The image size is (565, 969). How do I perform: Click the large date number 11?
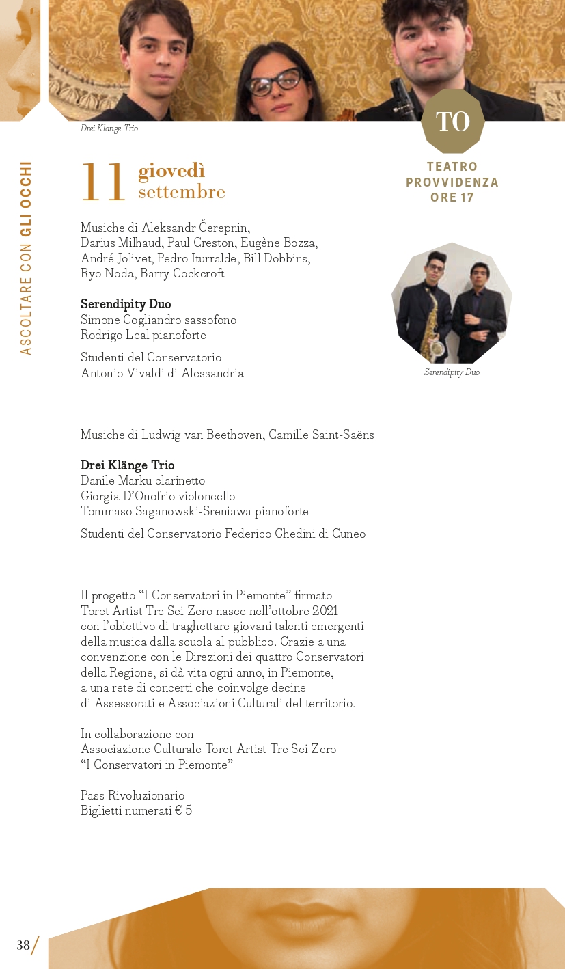(103, 183)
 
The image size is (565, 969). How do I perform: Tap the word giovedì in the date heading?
(171, 171)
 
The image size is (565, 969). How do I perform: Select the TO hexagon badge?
(452, 122)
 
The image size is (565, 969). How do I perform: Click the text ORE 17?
(452, 197)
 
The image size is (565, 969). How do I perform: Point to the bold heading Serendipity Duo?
(126, 304)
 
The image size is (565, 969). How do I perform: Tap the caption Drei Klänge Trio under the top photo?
(109, 128)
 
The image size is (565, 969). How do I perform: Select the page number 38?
(23, 946)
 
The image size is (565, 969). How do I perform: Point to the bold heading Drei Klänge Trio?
(128, 465)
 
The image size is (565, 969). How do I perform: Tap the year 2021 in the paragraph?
(325, 611)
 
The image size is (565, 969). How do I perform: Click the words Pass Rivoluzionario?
(133, 795)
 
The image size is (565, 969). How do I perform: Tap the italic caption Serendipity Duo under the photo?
(452, 372)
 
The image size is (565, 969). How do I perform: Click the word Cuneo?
(349, 534)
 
